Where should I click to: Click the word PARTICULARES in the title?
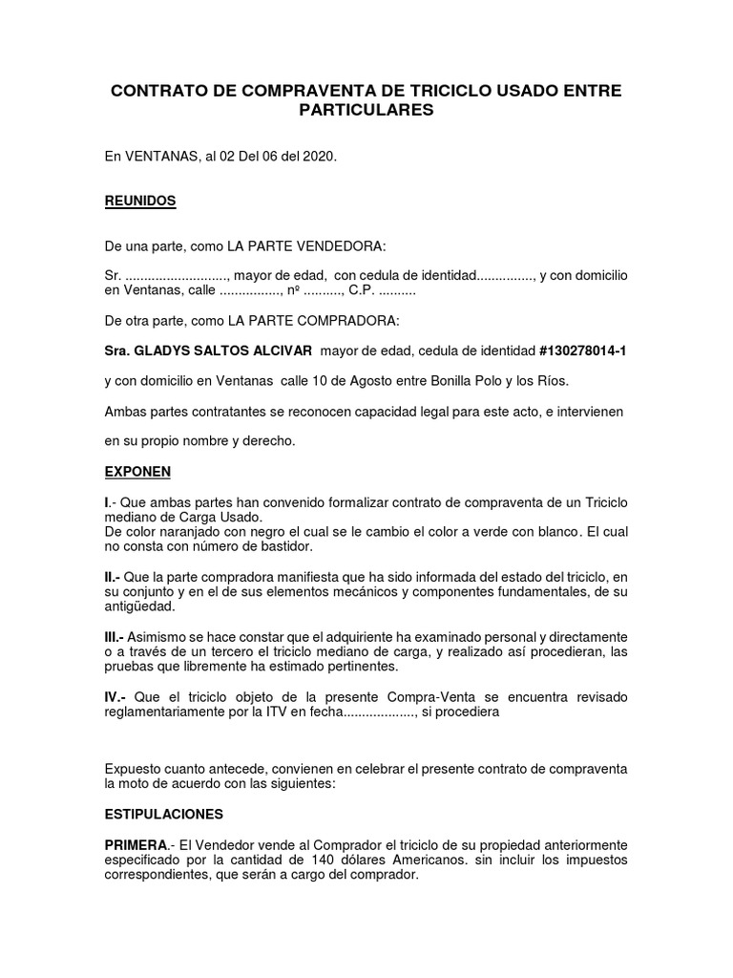pos(366,110)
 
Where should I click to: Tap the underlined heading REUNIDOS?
pos(140,202)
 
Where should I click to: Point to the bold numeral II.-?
pos(115,577)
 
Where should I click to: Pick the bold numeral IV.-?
pos(116,697)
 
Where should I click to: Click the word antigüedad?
pos(140,606)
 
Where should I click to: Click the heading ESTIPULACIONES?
pos(164,815)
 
